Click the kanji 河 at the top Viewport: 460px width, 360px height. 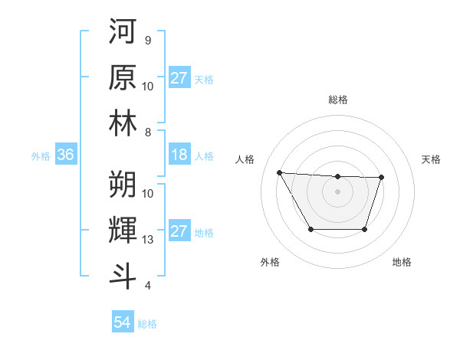click(123, 32)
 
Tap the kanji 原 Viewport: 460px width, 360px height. click(123, 78)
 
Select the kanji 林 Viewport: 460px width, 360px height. click(123, 124)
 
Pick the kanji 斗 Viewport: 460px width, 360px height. click(123, 276)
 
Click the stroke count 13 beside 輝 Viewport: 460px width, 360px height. click(148, 240)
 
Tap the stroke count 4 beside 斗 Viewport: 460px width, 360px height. click(147, 286)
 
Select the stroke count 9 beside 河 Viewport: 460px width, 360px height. click(147, 41)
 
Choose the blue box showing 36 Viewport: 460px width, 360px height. click(65, 155)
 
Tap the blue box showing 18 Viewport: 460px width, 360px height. click(179, 155)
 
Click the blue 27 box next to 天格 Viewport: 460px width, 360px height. click(179, 78)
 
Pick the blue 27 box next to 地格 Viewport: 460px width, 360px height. click(179, 232)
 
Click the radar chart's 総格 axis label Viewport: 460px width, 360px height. click(337, 100)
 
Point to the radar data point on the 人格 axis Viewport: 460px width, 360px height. click(279, 172)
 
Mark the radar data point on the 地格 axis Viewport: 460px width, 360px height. click(365, 229)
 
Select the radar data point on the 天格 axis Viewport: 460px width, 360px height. click(381, 178)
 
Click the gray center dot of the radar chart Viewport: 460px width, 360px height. click(337, 191)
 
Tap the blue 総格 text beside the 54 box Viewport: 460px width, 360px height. click(147, 324)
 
